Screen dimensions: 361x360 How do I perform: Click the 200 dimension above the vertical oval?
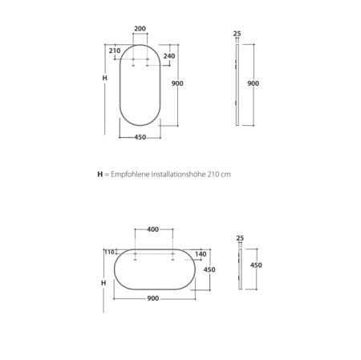[140, 29]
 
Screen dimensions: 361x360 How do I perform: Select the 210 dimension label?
[115, 51]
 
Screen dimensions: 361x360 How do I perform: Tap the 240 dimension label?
[169, 56]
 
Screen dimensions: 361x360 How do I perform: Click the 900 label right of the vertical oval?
[177, 83]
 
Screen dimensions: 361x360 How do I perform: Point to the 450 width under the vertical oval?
[140, 137]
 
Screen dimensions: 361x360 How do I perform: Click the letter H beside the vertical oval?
[105, 78]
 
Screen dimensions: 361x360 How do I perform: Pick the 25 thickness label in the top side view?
[237, 34]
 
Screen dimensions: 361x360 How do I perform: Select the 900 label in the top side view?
[253, 83]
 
